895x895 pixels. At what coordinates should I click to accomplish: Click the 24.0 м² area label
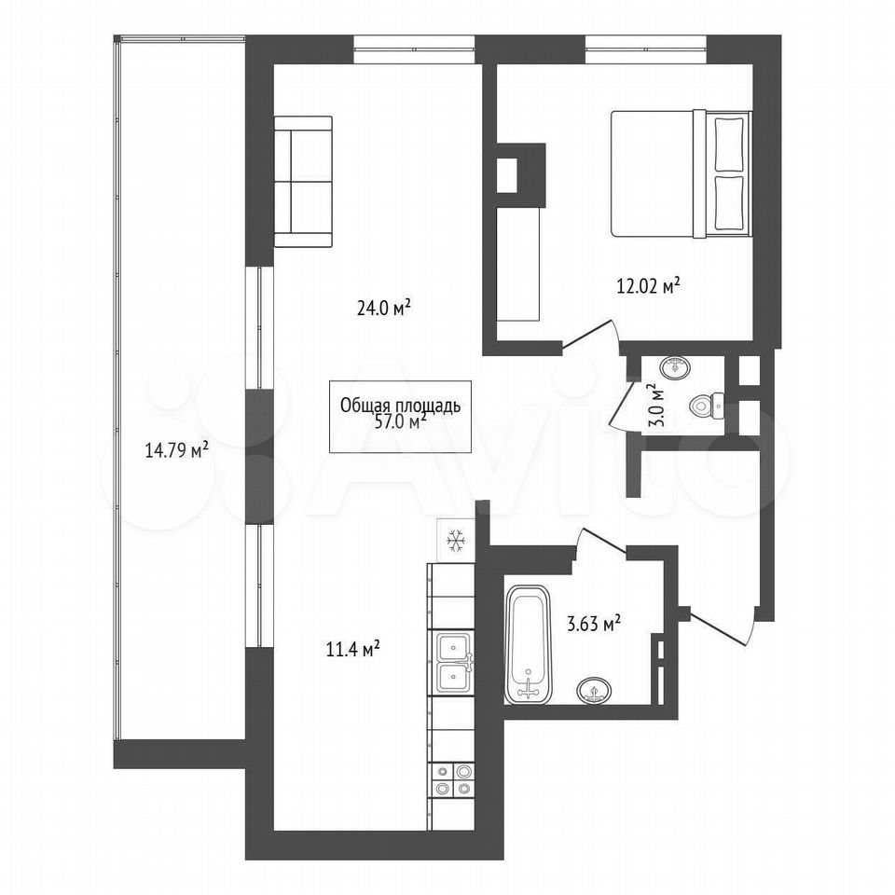tap(383, 309)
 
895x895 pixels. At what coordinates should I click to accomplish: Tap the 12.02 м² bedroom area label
tap(648, 284)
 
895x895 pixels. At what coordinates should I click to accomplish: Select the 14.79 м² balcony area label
tap(176, 450)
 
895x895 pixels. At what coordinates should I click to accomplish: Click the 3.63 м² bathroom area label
tap(594, 624)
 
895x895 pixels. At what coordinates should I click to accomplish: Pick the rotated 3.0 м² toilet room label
tap(658, 406)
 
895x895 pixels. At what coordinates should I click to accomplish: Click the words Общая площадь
tap(400, 406)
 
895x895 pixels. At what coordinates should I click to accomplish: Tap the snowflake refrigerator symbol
tap(456, 540)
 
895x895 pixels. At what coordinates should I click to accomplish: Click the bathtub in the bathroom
tap(528, 644)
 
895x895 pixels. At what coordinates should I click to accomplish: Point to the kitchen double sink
tap(454, 662)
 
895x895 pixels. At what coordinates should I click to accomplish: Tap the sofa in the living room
tap(303, 182)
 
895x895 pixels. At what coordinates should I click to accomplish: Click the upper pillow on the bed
tap(729, 144)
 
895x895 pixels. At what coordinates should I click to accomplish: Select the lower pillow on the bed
tap(729, 203)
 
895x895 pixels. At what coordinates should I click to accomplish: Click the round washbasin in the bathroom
tap(594, 691)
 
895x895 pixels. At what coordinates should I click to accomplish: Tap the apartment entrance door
tap(723, 629)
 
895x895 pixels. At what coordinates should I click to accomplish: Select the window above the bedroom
tap(645, 49)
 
